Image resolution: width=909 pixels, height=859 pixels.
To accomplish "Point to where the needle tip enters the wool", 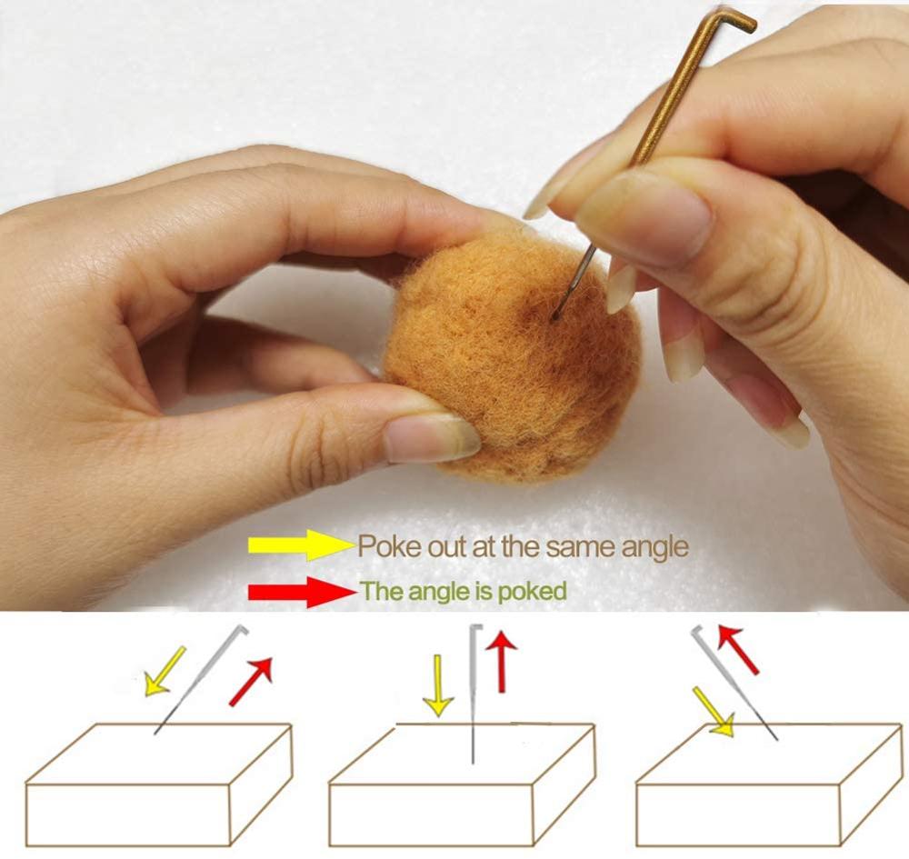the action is pyautogui.click(x=555, y=317).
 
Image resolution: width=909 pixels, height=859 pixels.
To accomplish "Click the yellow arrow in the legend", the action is pyautogui.click(x=302, y=544).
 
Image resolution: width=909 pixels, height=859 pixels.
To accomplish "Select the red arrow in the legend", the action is pyautogui.click(x=303, y=592).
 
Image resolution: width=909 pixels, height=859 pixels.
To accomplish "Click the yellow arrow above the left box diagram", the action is pyautogui.click(x=164, y=671).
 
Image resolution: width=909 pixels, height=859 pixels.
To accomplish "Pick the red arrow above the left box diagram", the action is pyautogui.click(x=251, y=682).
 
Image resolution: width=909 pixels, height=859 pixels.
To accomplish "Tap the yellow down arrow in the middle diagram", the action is pyautogui.click(x=438, y=685).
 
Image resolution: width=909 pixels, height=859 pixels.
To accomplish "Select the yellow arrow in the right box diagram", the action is pyautogui.click(x=714, y=712).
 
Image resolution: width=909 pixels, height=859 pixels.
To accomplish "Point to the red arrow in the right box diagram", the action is pyautogui.click(x=738, y=649).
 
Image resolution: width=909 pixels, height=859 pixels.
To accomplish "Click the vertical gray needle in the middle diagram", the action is pyautogui.click(x=474, y=694).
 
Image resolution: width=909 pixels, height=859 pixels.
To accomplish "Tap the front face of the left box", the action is pyautogui.click(x=128, y=815).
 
